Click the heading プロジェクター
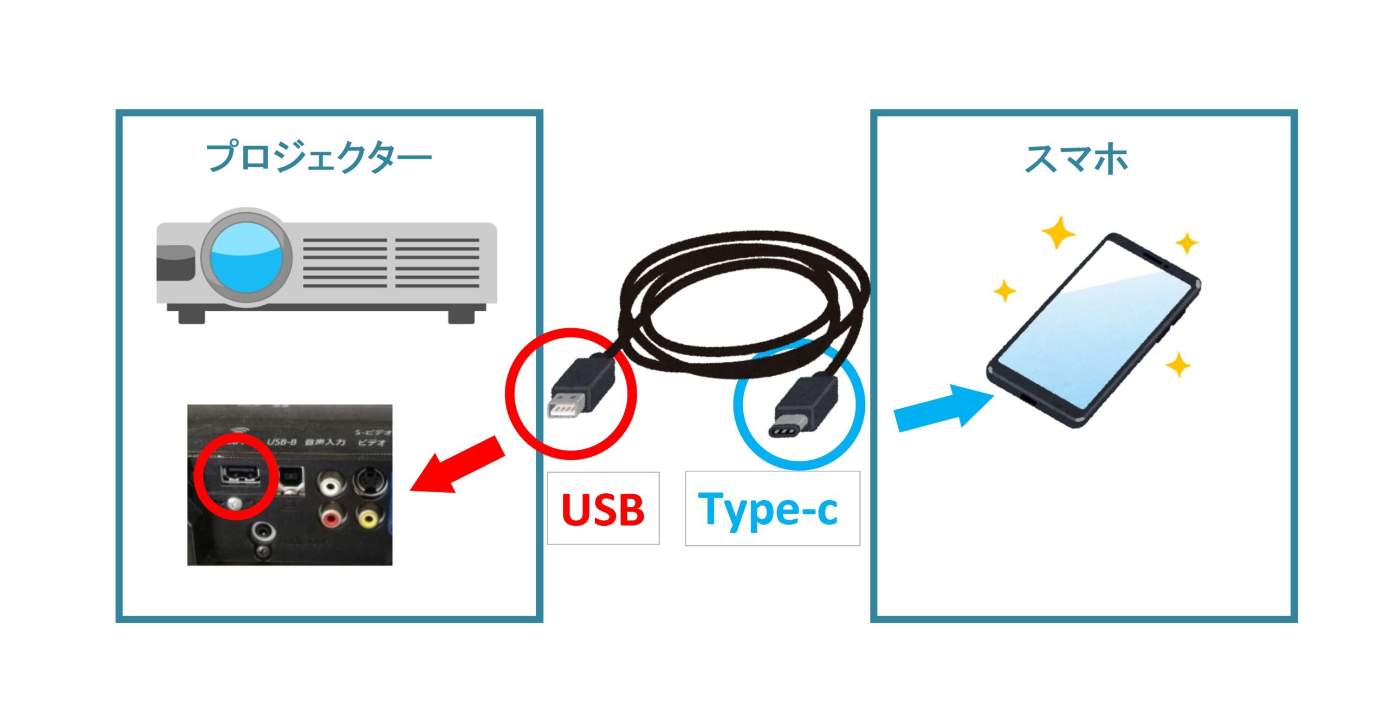[x=319, y=158]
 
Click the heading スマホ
[x=1076, y=159]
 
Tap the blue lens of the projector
[x=247, y=257]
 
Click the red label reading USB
[x=602, y=509]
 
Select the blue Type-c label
[x=768, y=509]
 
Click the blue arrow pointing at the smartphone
[x=943, y=407]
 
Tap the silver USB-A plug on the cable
[x=567, y=406]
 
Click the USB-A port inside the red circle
[x=238, y=475]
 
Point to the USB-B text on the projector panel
[x=282, y=442]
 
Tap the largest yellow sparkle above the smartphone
[x=1058, y=233]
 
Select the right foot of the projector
[x=461, y=315]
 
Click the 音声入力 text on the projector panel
[x=325, y=442]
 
